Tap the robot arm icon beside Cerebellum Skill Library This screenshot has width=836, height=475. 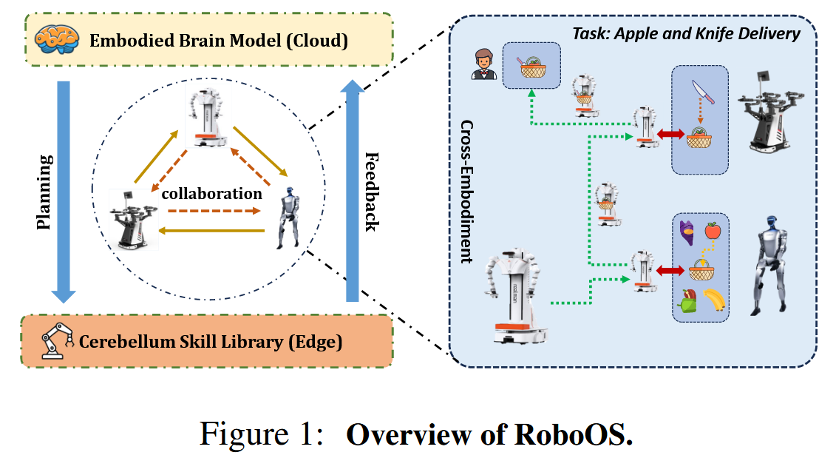55,342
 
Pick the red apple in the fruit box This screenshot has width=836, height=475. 713,232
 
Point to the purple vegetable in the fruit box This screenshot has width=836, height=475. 687,232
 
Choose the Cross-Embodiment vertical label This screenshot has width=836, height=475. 466,192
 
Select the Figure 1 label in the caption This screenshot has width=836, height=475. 262,435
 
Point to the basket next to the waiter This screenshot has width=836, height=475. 531,67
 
